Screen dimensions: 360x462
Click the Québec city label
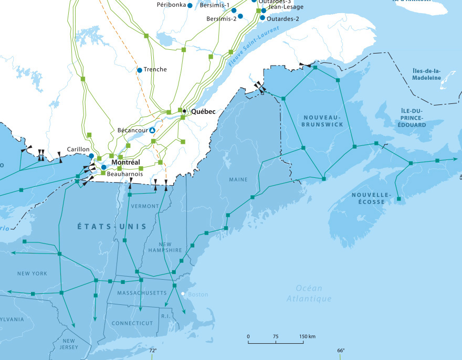pos(203,112)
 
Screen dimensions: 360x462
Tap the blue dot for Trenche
pos(140,70)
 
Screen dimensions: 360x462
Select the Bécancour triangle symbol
pos(152,130)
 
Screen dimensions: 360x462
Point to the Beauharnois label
pos(125,173)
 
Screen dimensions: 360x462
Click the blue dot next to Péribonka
pos(190,5)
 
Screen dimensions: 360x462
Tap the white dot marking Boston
pos(183,294)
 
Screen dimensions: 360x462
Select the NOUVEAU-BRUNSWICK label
pos(322,120)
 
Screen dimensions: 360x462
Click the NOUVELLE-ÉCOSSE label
pos(372,198)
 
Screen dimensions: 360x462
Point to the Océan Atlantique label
pos(309,293)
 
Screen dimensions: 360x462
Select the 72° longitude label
pos(153,351)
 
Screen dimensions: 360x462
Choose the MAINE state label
pos(238,180)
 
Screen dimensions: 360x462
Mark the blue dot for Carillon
pos(91,156)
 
